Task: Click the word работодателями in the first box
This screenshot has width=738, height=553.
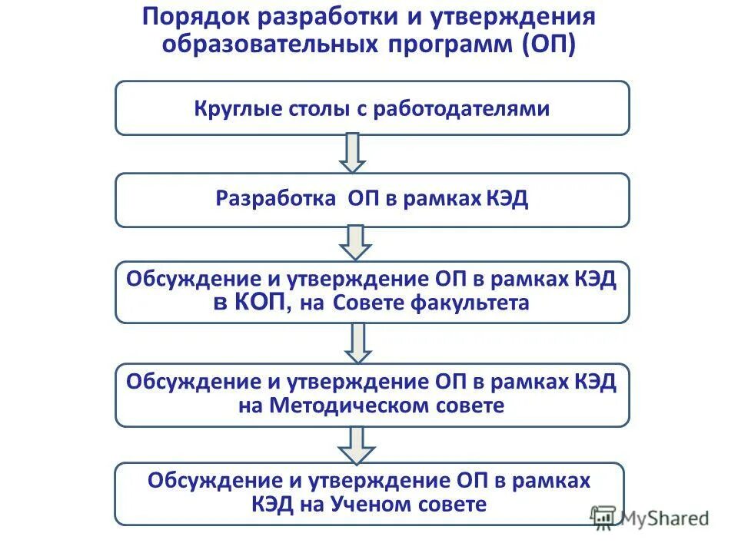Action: tap(461, 108)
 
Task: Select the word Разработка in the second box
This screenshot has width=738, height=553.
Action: tap(274, 200)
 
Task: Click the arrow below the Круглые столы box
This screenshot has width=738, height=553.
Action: tap(353, 153)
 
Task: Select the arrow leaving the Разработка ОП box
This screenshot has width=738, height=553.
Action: tap(354, 243)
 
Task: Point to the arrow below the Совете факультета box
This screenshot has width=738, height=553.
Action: tap(357, 343)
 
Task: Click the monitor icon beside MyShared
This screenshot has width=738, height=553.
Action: tap(603, 517)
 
